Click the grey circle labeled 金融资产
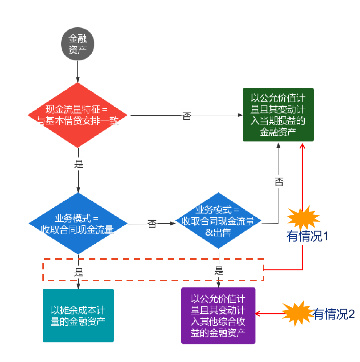pos(78,44)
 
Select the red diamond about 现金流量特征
pos(78,115)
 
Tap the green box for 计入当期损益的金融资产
pos(278,115)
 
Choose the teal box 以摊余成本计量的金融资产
pos(78,315)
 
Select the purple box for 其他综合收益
pos(218,316)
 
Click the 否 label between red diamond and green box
pos(187,115)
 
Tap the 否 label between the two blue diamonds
pos(152,223)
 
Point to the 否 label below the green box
pos(279,182)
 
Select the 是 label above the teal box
pos(79,272)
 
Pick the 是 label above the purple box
pos(219,270)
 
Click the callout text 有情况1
pos(308,236)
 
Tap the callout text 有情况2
pos(334,314)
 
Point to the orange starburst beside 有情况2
pos(296,313)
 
